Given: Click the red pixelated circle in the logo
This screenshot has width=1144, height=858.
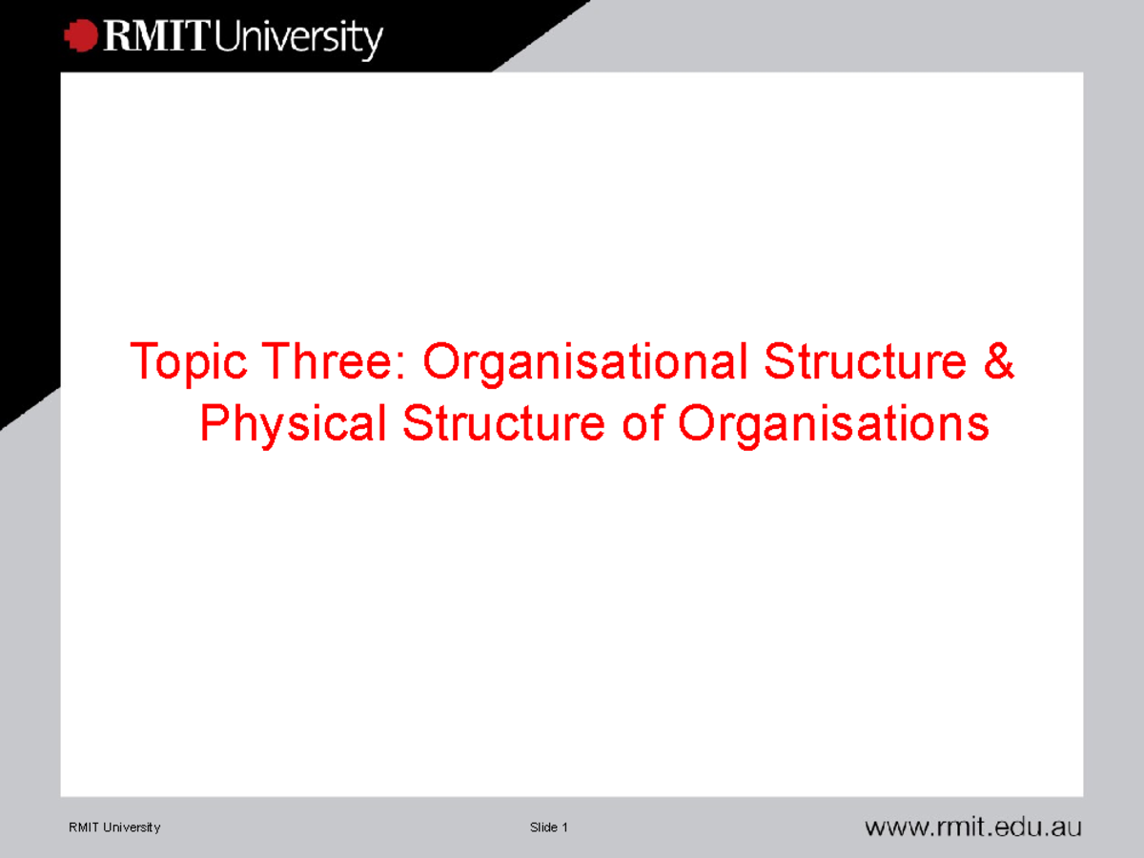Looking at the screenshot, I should click(x=81, y=36).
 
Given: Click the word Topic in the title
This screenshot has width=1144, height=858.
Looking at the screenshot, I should click(x=190, y=363).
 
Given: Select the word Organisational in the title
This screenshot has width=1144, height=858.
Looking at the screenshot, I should click(x=584, y=363).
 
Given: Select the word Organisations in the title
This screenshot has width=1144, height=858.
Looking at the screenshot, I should click(x=833, y=425).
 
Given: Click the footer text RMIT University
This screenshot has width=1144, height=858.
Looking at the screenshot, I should click(x=114, y=827).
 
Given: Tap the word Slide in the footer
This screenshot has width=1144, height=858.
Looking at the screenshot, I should click(x=543, y=827).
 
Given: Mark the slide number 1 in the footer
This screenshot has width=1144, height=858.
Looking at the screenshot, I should click(x=564, y=827).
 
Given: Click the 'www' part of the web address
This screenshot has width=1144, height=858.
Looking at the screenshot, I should click(x=894, y=827).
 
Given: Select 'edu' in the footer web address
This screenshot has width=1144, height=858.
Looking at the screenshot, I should click(x=1012, y=827).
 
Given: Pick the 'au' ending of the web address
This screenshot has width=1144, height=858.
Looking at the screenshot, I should click(x=1066, y=827).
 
